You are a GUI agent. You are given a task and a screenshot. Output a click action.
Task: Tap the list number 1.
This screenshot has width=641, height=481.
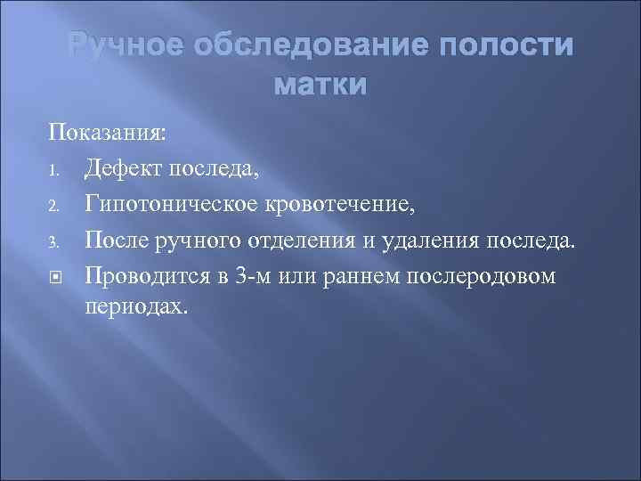pos(53,167)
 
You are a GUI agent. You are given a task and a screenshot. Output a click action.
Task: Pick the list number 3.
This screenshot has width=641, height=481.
pos(53,241)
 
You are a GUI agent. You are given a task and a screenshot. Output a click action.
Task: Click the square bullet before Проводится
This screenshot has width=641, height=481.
pos(54,277)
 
